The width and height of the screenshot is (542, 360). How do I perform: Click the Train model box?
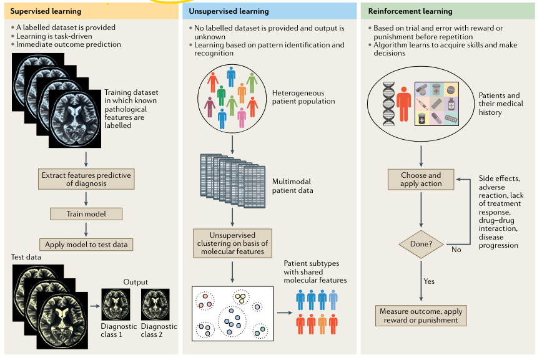(x=86, y=213)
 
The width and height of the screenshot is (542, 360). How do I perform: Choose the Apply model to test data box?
(x=86, y=245)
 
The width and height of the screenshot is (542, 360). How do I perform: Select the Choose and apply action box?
(x=421, y=180)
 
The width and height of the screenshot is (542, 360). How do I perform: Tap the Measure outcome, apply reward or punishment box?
(x=421, y=315)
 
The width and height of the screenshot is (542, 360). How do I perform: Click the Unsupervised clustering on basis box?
(x=233, y=243)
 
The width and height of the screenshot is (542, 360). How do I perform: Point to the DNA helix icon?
(x=389, y=105)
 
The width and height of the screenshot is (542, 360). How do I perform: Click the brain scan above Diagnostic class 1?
(x=116, y=304)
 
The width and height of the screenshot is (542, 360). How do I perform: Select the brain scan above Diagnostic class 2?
(x=155, y=304)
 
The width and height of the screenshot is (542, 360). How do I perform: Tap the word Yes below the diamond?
(x=429, y=281)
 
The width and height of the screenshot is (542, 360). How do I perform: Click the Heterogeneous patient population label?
(x=303, y=97)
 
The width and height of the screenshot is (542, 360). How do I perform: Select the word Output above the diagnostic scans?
(x=135, y=281)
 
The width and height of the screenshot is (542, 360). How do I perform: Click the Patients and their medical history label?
(x=499, y=105)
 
